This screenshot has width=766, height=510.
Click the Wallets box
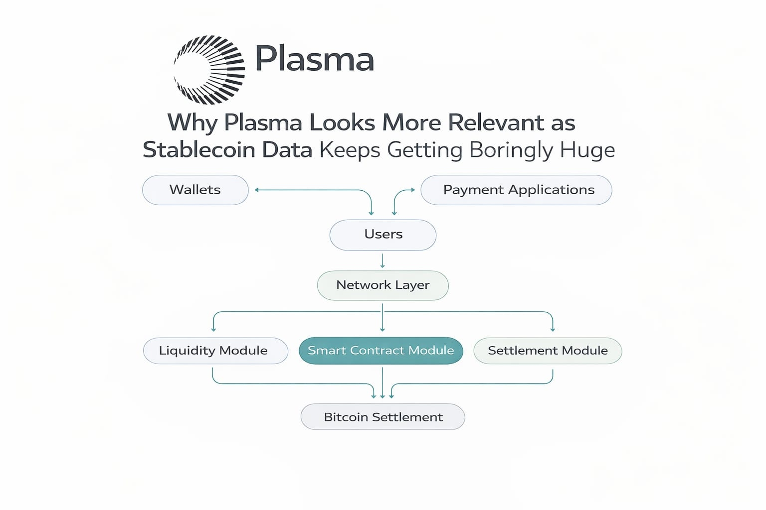195,190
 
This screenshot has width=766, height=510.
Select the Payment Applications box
516,190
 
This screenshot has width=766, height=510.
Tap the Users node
383,235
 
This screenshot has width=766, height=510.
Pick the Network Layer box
383,285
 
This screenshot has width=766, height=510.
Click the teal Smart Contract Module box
381,351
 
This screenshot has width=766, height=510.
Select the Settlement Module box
548,351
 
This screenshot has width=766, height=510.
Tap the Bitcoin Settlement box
383,417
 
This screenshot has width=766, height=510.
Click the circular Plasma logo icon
209,70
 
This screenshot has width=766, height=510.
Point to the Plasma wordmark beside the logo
314,59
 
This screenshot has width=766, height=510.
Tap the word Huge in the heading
587,150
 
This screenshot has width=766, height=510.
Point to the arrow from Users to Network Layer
383,261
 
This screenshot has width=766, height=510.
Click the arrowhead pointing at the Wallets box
257,190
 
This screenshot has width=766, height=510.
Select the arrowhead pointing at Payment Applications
412,190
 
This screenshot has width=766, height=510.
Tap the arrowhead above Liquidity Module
213,329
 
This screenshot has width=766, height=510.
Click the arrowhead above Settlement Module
553,329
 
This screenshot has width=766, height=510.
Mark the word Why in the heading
192,123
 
